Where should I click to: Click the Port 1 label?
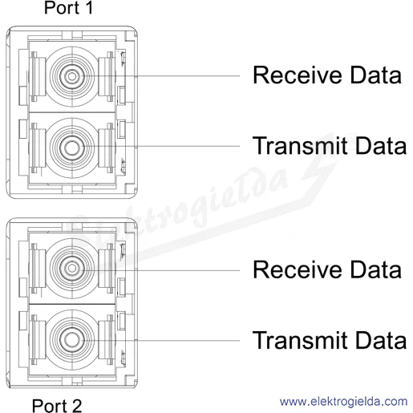point(68,8)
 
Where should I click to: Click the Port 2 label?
point(57,406)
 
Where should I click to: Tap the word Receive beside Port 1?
point(298,75)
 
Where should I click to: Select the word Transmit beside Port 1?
point(300,145)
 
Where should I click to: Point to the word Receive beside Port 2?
point(298,269)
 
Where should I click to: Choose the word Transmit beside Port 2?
point(300,340)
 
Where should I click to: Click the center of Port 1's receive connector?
point(72,76)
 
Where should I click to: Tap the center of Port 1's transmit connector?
point(72,148)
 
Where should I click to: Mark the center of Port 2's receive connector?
point(72,268)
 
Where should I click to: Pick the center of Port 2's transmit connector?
point(72,339)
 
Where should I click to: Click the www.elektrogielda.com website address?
point(344,402)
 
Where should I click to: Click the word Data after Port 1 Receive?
point(376,75)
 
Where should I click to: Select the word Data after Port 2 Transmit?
point(381,340)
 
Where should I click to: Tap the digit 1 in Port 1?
point(89,8)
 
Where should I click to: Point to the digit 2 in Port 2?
point(76,406)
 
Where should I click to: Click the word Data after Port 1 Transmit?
point(381,145)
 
